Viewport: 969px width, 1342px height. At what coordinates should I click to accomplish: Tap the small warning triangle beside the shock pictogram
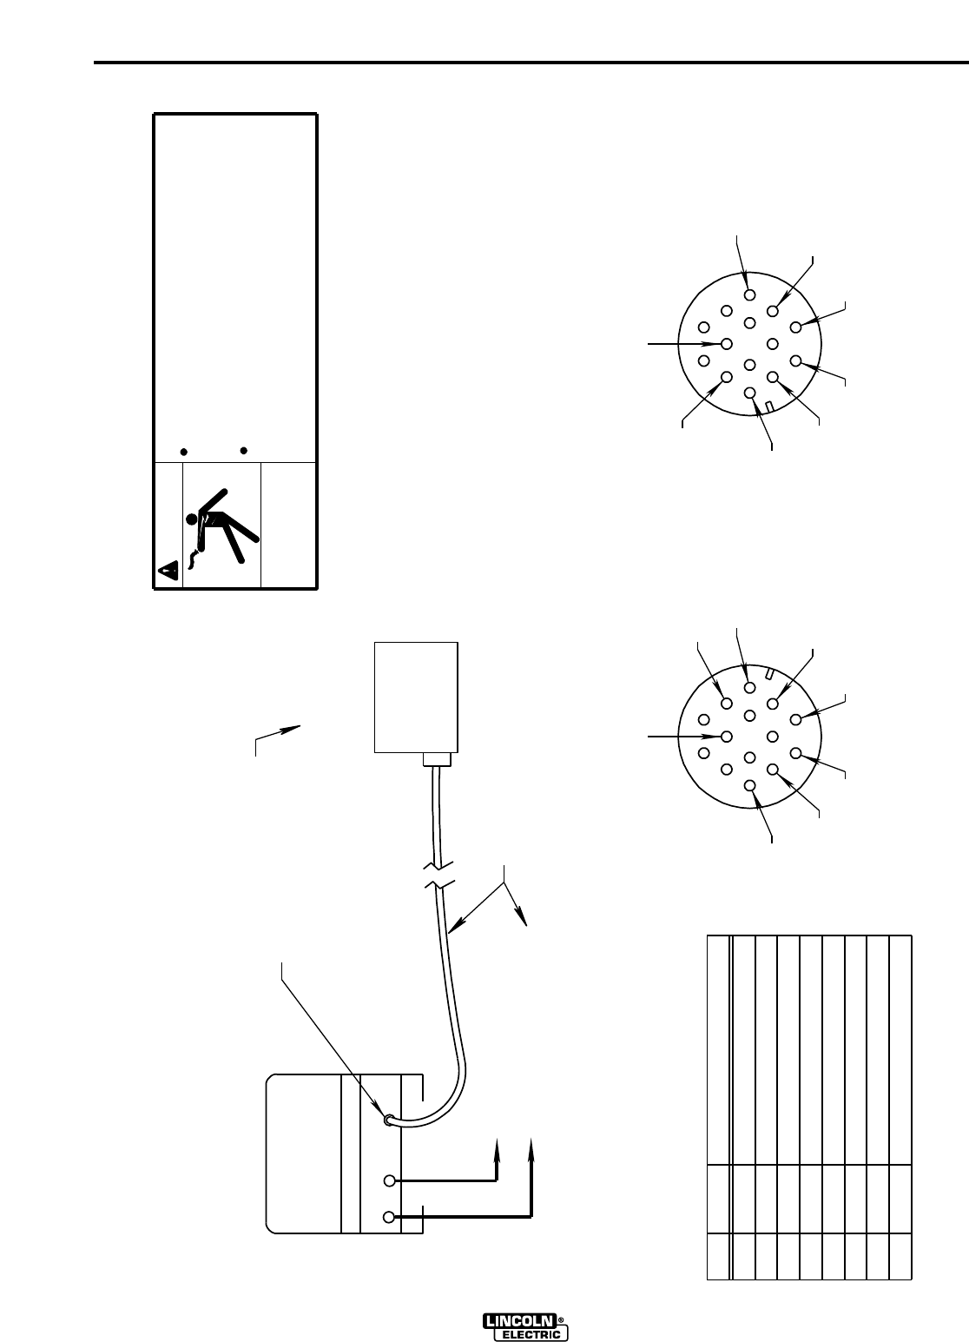(x=168, y=571)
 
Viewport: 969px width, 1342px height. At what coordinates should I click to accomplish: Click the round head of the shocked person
(x=193, y=519)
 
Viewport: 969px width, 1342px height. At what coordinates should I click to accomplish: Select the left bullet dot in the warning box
(x=183, y=452)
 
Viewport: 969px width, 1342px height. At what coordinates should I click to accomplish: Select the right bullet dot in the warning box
(x=244, y=450)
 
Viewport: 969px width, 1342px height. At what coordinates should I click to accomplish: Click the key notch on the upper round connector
(x=770, y=407)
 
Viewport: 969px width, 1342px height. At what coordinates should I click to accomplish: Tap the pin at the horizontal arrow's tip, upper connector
(x=727, y=343)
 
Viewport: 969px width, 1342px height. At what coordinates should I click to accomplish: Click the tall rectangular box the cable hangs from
(x=416, y=697)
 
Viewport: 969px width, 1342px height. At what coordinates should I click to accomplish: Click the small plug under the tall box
(x=438, y=759)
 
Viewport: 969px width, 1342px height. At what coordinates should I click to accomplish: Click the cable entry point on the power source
(x=390, y=1121)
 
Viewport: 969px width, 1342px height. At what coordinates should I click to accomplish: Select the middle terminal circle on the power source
(x=390, y=1180)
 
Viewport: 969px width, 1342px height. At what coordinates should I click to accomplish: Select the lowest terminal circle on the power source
(x=390, y=1216)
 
